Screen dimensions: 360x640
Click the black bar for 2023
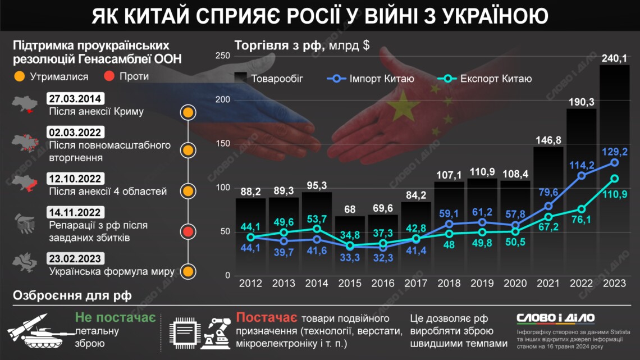coord(614,168)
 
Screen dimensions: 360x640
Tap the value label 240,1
coord(614,58)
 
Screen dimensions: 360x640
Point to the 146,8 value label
coord(548,139)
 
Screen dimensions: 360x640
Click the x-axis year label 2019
coord(482,283)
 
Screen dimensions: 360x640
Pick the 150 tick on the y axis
coord(223,144)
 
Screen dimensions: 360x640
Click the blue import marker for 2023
coord(614,162)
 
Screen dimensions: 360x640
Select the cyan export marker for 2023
coord(614,179)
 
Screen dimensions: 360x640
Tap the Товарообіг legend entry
coord(269,79)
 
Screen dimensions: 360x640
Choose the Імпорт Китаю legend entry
coord(371,79)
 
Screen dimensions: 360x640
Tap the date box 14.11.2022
coord(75,212)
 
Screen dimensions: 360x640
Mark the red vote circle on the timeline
coord(188,231)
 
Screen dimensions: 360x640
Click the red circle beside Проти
coord(109,76)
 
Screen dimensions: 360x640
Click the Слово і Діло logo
coord(555,318)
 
